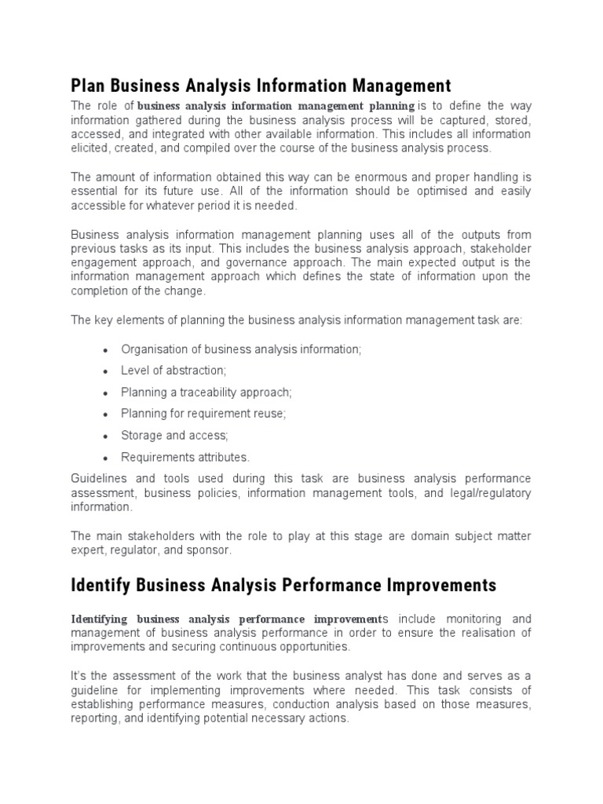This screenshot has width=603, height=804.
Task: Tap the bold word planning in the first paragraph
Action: pyautogui.click(x=384, y=106)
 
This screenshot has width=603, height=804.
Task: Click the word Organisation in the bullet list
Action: pyautogui.click(x=154, y=349)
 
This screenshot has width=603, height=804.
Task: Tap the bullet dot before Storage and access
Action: pyautogui.click(x=104, y=436)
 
